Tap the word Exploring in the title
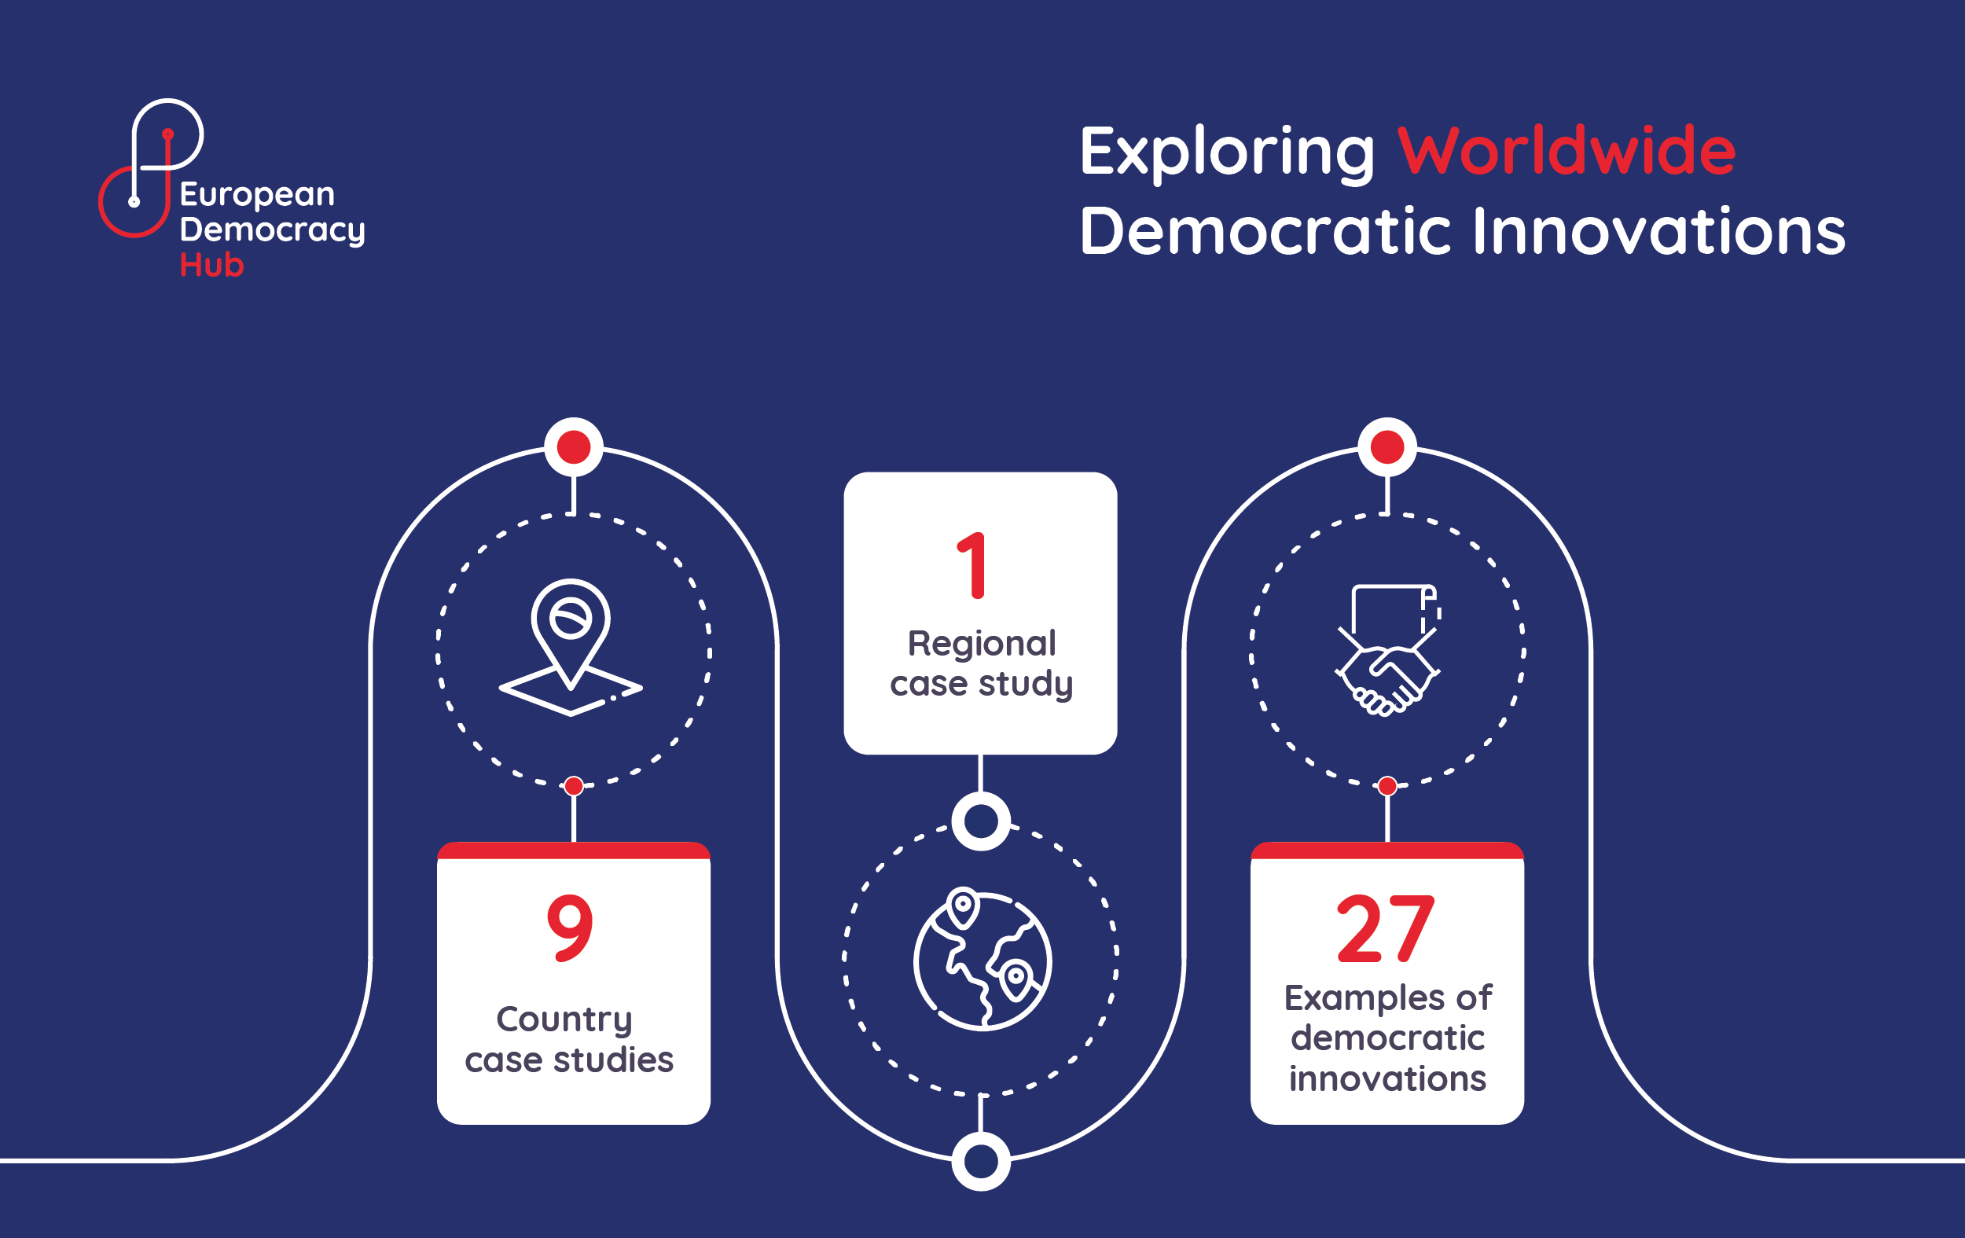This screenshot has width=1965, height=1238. (1227, 154)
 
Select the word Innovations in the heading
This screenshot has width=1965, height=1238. (1659, 231)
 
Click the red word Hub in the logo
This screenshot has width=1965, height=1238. (211, 265)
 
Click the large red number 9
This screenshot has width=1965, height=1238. (570, 928)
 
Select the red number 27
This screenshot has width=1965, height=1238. (1385, 929)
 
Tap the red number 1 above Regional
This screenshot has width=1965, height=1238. (972, 565)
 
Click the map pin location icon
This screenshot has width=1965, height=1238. (571, 647)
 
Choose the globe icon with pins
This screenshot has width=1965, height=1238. (982, 959)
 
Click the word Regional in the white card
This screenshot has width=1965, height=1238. (982, 643)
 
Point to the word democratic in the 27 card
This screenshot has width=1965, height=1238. (1387, 1038)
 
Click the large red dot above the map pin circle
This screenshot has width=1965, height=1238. (574, 447)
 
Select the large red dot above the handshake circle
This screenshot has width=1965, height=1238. (1387, 447)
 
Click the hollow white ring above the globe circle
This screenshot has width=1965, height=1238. (981, 821)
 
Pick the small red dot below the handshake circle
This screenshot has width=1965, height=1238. (1387, 786)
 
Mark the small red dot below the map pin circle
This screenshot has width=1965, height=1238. (574, 786)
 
